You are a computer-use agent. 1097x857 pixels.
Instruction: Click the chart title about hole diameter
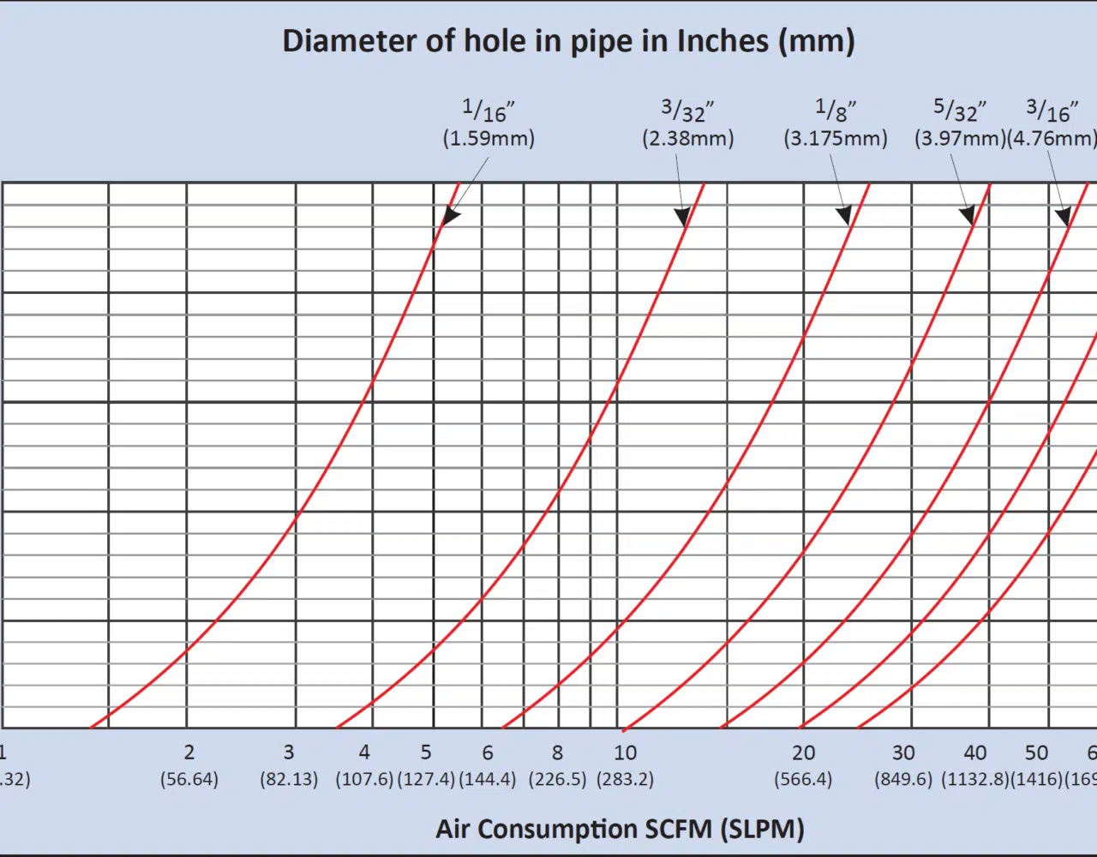tap(568, 41)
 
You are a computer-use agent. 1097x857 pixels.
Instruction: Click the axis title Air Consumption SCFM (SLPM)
tap(620, 829)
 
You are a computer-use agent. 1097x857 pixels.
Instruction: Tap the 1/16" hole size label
tap(488, 111)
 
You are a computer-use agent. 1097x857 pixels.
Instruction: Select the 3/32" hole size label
tap(686, 111)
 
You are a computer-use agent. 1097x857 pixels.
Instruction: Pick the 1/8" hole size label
tap(835, 111)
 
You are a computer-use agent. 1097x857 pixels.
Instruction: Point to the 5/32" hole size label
tap(959, 111)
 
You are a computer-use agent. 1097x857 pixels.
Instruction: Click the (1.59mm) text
tap(489, 138)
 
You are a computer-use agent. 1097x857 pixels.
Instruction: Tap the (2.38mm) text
tap(687, 138)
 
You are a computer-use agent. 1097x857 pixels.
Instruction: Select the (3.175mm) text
tap(835, 138)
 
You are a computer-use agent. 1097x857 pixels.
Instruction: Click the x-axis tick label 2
tap(189, 752)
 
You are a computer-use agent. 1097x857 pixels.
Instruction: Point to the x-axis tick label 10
tap(625, 752)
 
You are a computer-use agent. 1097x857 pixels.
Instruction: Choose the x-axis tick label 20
tap(803, 752)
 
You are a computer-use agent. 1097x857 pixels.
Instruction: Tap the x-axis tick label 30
tap(903, 752)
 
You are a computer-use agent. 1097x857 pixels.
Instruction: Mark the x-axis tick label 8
tap(557, 752)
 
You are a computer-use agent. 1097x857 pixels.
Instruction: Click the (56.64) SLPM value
tap(189, 779)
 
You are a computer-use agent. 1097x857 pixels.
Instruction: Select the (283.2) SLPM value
tap(625, 779)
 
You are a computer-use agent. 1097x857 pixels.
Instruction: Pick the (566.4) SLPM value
tap(803, 779)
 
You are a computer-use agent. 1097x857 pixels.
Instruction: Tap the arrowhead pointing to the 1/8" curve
tap(844, 214)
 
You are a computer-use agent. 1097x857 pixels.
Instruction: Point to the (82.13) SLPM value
tap(289, 779)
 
